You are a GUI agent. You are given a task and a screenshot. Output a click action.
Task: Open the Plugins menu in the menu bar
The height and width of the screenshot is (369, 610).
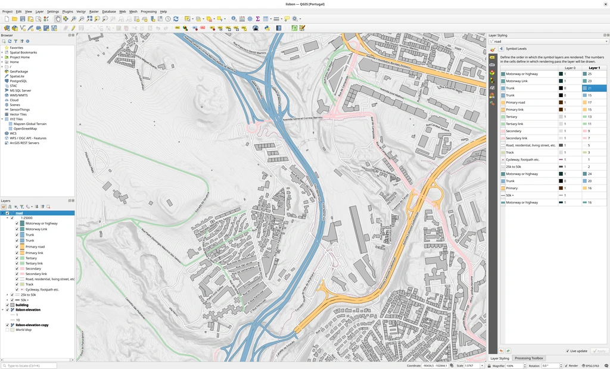(x=67, y=11)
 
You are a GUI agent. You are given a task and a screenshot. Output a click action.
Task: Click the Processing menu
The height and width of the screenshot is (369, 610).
(x=148, y=11)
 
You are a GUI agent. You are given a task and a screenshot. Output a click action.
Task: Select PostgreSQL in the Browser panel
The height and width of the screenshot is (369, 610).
(x=18, y=81)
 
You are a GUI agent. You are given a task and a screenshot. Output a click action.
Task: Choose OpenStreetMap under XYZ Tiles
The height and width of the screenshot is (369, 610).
(x=25, y=129)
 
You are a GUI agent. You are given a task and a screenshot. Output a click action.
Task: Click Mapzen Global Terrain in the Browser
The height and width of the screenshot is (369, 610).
(x=30, y=124)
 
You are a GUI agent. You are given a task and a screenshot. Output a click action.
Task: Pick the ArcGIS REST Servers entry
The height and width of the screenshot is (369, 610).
(x=24, y=143)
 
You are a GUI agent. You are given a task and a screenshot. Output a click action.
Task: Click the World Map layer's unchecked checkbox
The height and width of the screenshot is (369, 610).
(x=7, y=330)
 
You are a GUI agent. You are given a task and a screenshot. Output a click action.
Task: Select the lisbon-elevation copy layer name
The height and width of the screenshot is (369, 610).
(x=32, y=325)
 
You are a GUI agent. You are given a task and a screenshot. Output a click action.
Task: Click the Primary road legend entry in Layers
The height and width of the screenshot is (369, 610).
(x=35, y=246)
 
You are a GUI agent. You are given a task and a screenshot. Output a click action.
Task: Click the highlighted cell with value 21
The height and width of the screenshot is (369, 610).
(x=594, y=88)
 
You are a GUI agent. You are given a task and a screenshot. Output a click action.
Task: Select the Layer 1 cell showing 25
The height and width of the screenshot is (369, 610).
(x=594, y=74)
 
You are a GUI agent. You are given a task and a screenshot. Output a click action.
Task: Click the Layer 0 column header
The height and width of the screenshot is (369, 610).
(x=569, y=68)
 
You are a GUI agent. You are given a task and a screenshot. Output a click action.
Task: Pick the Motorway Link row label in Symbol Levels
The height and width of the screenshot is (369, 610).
(x=516, y=81)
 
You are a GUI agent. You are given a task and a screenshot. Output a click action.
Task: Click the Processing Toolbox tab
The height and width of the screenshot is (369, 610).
(x=529, y=358)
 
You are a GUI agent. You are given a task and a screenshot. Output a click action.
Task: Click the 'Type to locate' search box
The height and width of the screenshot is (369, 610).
(x=30, y=365)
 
